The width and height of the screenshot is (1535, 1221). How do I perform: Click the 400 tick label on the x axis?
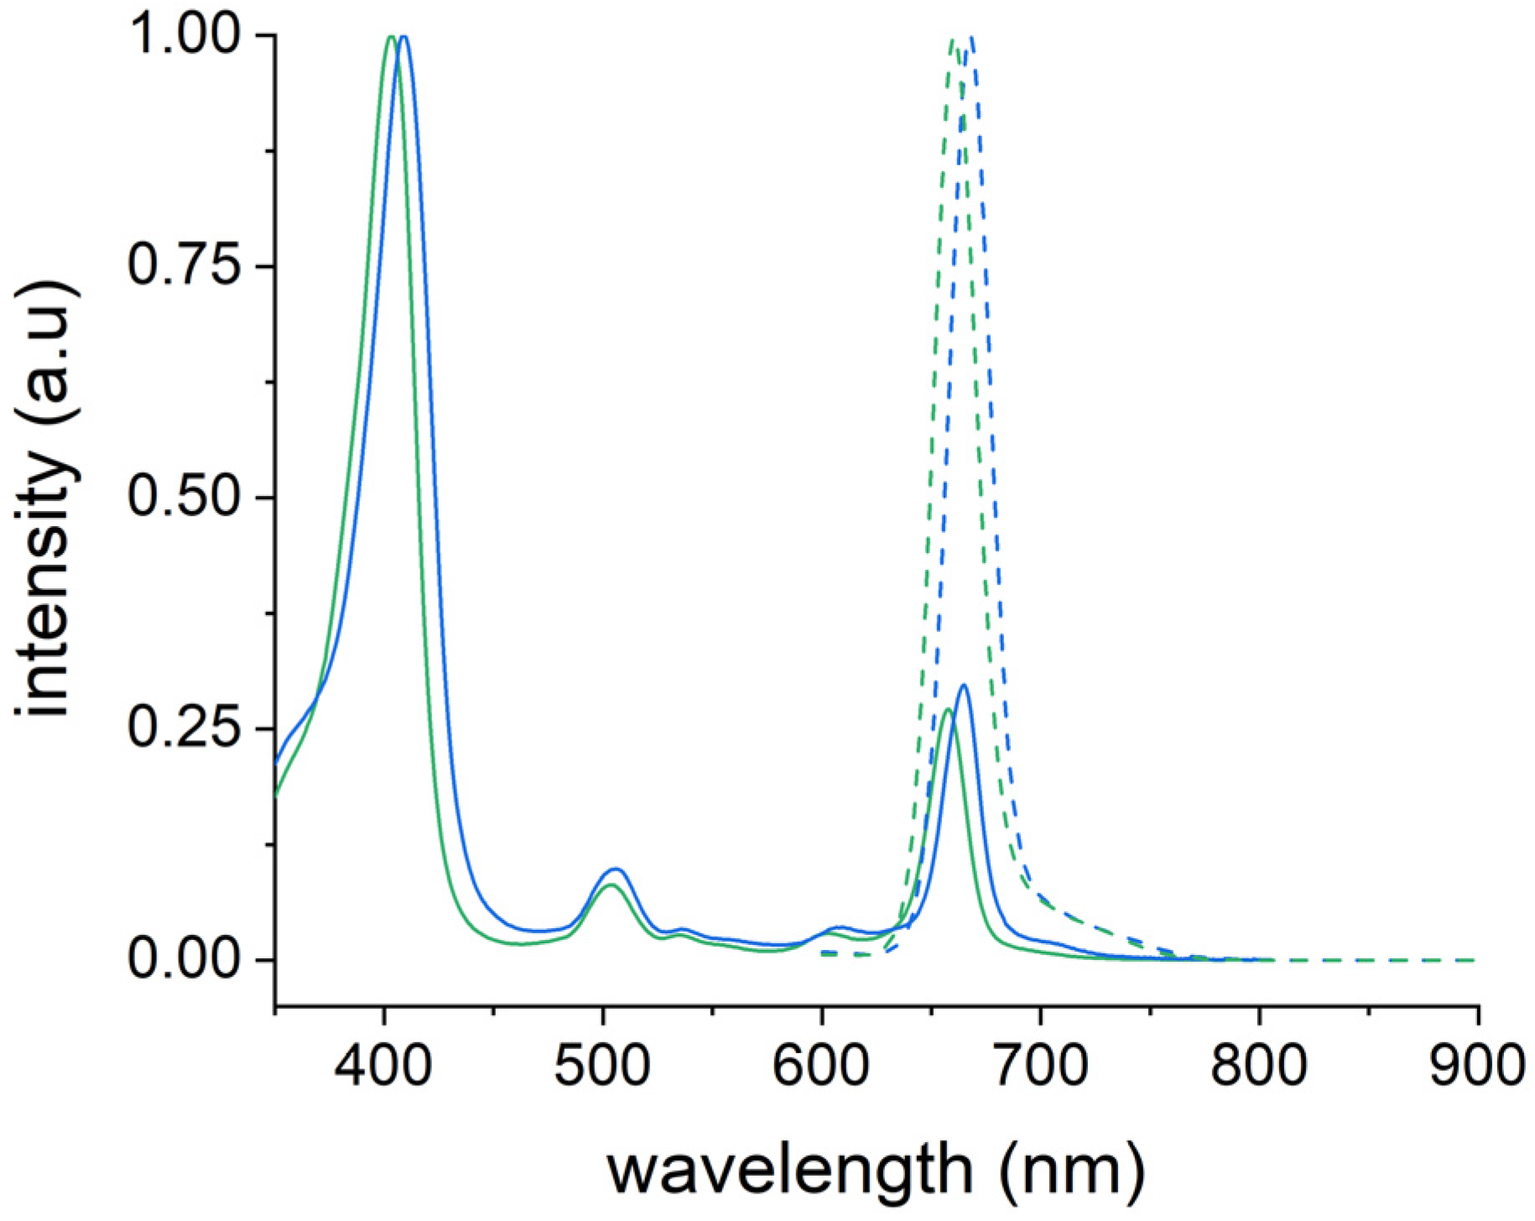[x=384, y=1067]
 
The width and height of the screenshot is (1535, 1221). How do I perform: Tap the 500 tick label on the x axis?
[x=602, y=1067]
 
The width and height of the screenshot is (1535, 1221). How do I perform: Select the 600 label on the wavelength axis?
[x=821, y=1067]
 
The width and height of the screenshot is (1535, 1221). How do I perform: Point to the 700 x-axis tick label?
[x=1040, y=1067]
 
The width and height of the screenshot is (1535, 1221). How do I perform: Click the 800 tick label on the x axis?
[x=1258, y=1067]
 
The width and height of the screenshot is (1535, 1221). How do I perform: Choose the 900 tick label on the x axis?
[x=1477, y=1067]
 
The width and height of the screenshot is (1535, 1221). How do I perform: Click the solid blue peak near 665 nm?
[x=964, y=686]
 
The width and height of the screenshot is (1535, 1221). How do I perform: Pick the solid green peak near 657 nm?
[x=947, y=710]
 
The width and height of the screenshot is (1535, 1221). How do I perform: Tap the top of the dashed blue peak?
[x=971, y=38]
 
